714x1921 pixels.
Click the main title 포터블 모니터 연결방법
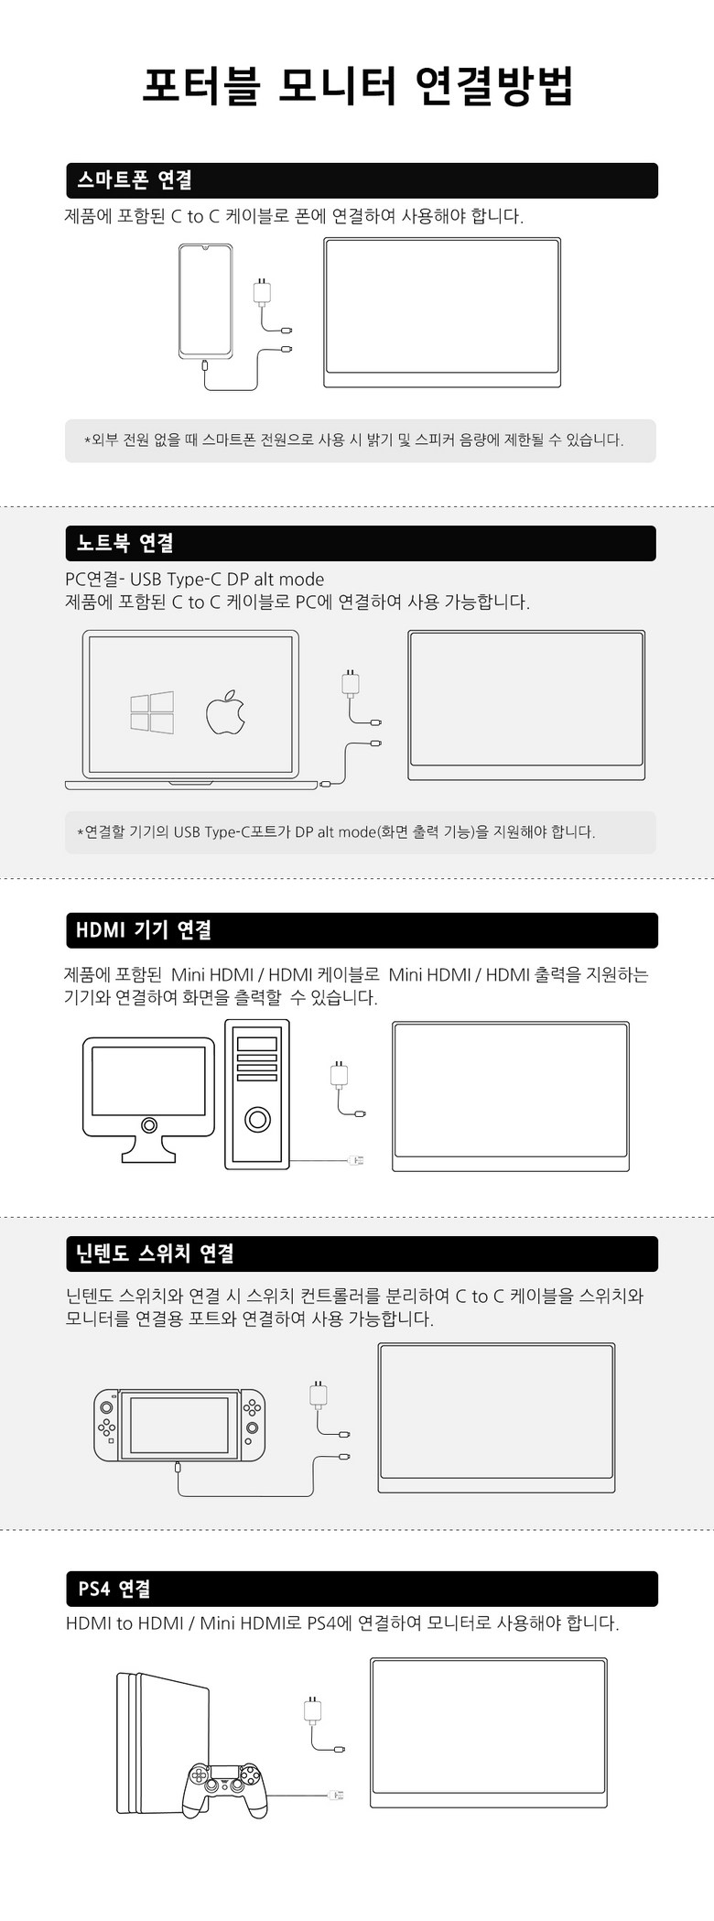point(357,87)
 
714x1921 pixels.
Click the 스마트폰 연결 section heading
point(135,180)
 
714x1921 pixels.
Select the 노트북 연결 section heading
point(125,543)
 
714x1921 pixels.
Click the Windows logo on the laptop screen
point(152,712)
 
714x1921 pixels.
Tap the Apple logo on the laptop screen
point(225,712)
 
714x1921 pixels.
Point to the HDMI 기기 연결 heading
point(144,930)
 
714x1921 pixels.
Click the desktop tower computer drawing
point(257,1093)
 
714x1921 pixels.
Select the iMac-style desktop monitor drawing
point(148,1100)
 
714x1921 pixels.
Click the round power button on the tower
point(257,1120)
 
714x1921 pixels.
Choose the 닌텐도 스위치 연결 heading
point(156,1254)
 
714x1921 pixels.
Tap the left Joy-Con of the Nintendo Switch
point(107,1426)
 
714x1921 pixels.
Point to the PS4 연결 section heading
point(114,1589)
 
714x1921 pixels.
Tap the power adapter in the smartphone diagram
point(262,291)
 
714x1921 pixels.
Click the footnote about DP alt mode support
point(336,832)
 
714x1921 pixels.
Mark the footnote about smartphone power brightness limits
point(354,440)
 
